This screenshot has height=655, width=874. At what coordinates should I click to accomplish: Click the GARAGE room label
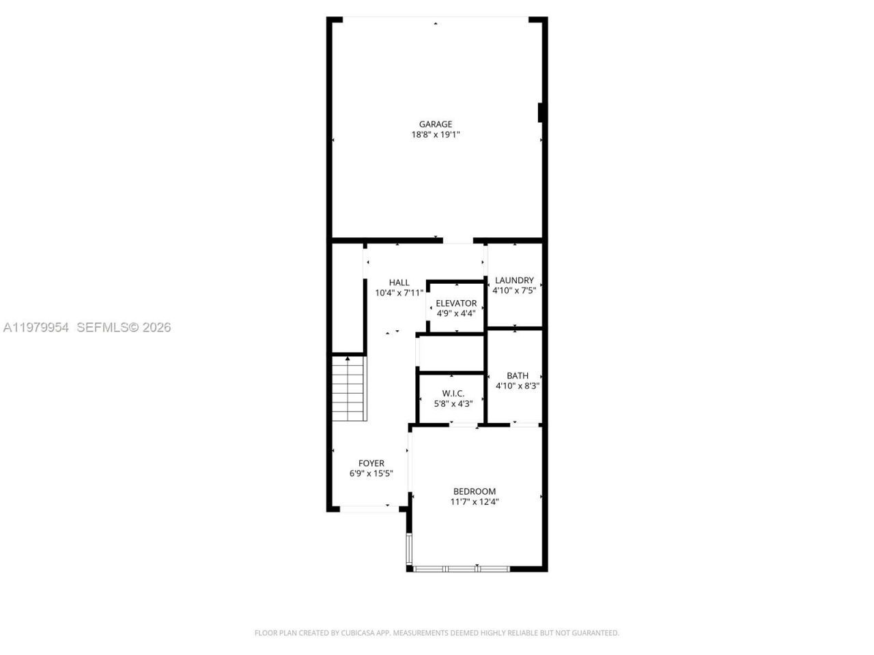[436, 124]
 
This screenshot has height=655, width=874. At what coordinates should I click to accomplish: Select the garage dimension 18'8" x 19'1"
[436, 135]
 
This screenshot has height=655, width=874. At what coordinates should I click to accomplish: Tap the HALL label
[399, 282]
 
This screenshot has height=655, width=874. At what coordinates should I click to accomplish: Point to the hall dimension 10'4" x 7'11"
[399, 293]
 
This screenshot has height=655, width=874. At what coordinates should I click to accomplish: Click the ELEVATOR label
[456, 303]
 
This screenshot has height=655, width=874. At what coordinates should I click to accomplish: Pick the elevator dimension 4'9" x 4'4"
[456, 314]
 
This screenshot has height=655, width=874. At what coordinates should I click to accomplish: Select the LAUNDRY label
[514, 280]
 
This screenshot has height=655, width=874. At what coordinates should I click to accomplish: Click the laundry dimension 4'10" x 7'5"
[514, 290]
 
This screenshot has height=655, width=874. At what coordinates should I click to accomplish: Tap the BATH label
[518, 375]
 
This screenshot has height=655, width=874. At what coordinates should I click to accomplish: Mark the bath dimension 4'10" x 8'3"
[518, 386]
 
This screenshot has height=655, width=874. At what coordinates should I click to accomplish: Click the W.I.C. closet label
[453, 393]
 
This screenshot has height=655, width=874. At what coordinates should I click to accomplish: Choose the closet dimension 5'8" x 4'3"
[453, 404]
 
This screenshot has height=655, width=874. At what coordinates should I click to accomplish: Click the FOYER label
[371, 463]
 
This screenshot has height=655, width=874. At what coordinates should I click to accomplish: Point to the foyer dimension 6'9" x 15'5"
[371, 474]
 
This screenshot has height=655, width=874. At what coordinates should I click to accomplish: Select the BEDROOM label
[475, 491]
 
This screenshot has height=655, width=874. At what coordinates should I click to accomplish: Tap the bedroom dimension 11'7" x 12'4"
[475, 502]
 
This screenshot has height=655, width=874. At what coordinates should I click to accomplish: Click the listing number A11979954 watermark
[36, 327]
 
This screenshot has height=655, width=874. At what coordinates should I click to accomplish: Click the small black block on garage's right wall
[541, 113]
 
